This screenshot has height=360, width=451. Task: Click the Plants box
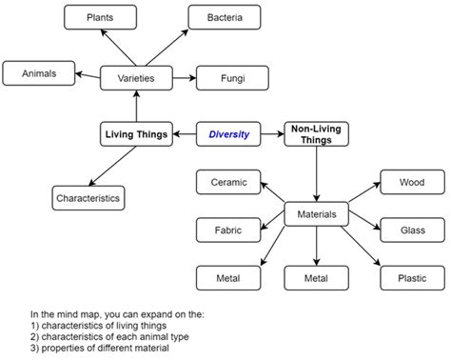point(98,18)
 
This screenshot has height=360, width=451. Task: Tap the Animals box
point(37,72)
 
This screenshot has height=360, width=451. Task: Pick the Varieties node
point(136,77)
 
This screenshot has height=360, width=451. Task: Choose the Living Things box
point(136,134)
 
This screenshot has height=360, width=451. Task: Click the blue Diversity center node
point(228,134)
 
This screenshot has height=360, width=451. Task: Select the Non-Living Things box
point(316,134)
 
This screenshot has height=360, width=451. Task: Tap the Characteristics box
point(88,198)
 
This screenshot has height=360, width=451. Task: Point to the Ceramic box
point(226,182)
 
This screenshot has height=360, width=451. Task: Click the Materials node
point(316,214)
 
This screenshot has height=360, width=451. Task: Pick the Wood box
point(411,182)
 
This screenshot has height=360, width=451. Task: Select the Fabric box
point(226,230)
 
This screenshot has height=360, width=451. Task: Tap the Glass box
point(411,230)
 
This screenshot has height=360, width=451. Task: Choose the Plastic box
point(411,278)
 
